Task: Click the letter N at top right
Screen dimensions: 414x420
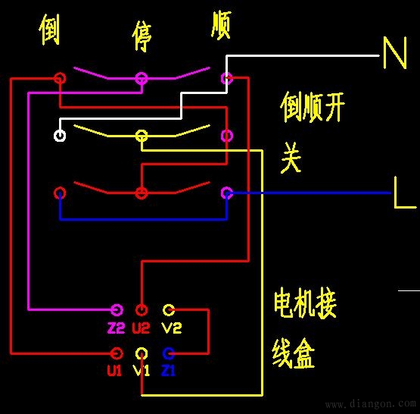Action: [394, 54]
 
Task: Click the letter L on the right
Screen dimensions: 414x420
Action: [404, 193]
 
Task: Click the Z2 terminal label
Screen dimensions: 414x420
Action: [117, 328]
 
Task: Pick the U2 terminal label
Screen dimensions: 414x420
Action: [142, 328]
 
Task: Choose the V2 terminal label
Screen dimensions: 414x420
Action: [171, 328]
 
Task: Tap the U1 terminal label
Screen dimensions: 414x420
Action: [114, 371]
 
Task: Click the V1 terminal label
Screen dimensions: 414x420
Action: [142, 371]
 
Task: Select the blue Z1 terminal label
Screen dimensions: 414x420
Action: [168, 371]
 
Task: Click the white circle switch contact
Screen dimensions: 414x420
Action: [60, 136]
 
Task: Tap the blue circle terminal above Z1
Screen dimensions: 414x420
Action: [169, 353]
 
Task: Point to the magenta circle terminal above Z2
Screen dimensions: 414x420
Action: [117, 310]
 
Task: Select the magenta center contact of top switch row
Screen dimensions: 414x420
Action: [141, 78]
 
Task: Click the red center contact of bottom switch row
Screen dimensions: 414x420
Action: [141, 193]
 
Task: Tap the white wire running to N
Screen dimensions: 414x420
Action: [303, 56]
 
